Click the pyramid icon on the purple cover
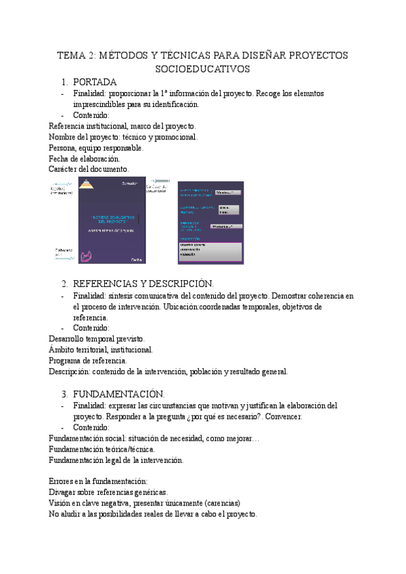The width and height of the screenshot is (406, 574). pos(86,185)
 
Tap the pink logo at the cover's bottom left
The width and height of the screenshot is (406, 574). pos(87,256)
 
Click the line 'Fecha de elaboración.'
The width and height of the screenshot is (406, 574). pos(85,158)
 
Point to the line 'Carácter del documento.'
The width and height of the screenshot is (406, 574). pos(88,169)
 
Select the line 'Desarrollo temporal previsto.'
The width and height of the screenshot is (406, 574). pos(96,338)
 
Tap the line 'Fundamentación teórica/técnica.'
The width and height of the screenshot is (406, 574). pos(102,449)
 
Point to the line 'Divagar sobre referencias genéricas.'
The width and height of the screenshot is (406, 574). pos(109,493)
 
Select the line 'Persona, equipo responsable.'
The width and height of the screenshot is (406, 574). pos(95,148)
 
